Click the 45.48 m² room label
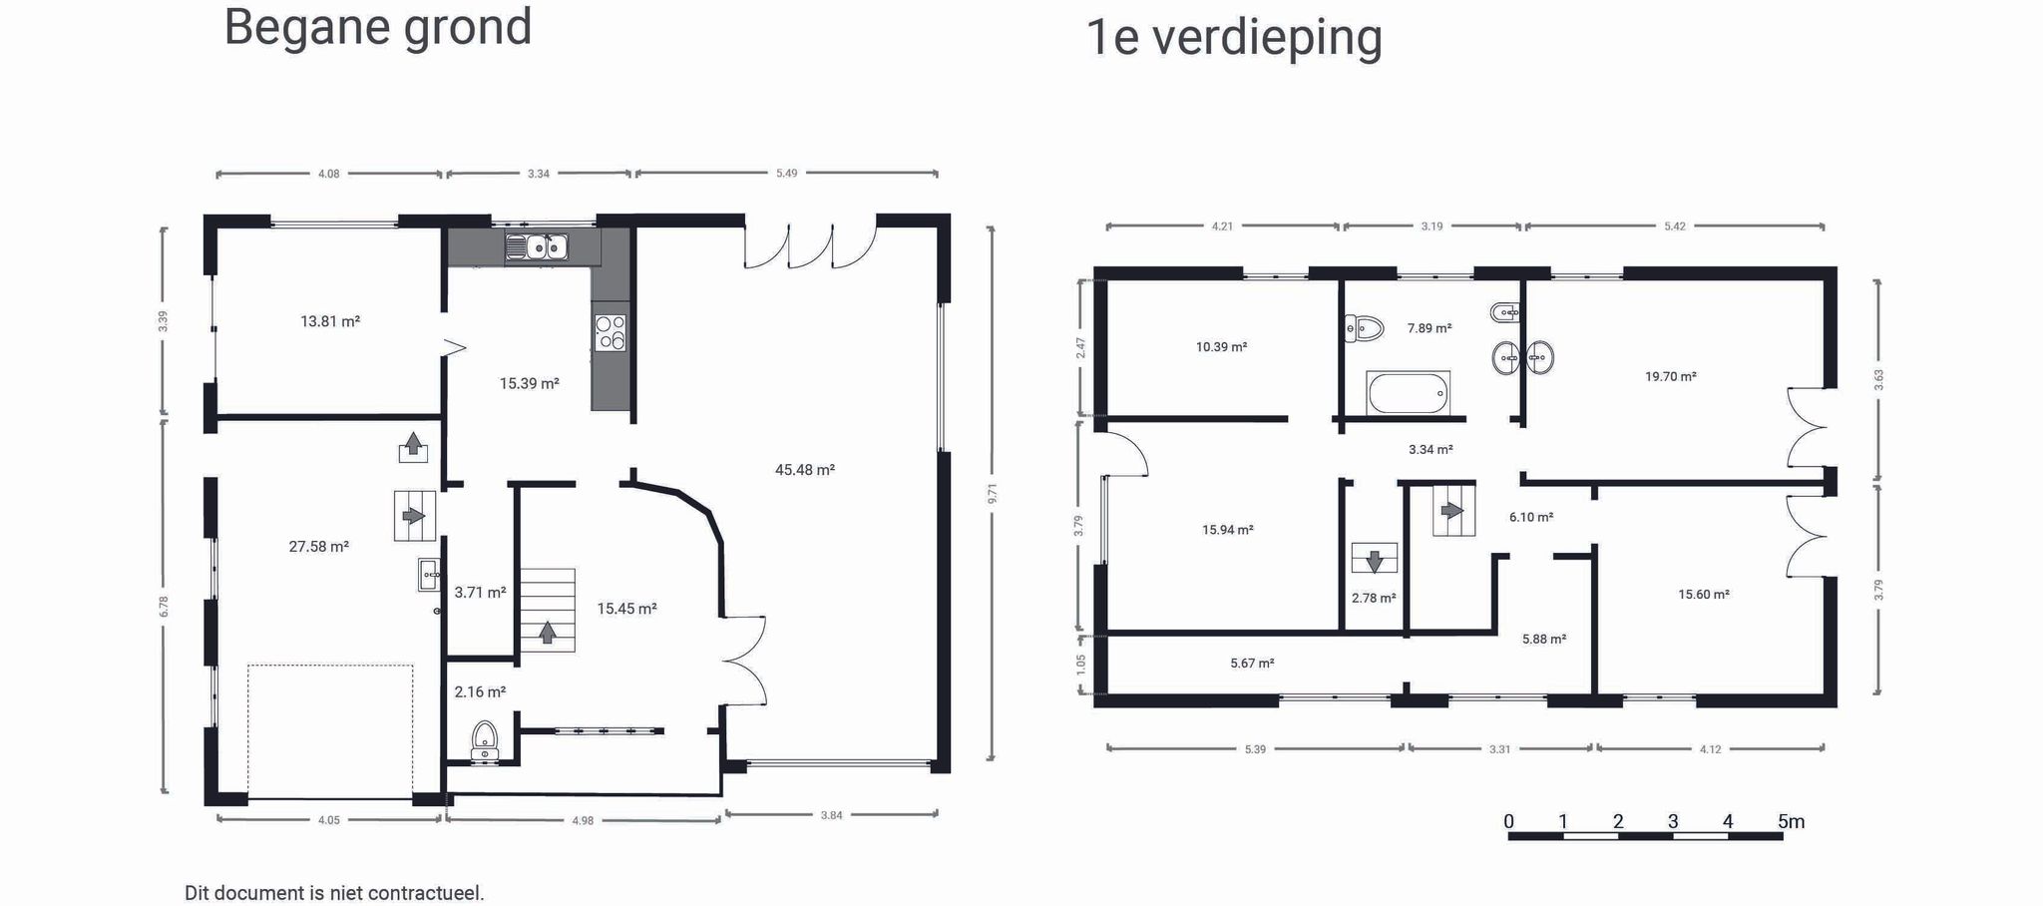coord(804,470)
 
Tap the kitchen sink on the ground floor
coord(536,246)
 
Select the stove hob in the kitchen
coord(610,332)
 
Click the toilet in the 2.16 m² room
coord(485,740)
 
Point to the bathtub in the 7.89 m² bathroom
coord(1408,392)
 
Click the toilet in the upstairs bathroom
coord(1364,327)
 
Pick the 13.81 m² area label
coord(329,321)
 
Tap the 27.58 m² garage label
coord(318,547)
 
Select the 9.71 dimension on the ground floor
coord(992,493)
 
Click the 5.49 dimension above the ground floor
coord(786,174)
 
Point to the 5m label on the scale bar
coord(1791,822)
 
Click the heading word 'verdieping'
coord(1267,38)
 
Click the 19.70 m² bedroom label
coord(1670,377)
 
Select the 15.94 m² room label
coord(1227,530)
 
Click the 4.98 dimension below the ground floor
coord(583,821)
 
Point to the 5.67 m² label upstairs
coord(1252,664)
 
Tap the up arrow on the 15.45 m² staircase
coord(547,633)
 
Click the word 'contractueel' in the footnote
coord(425,893)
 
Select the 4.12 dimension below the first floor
coord(1710,749)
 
